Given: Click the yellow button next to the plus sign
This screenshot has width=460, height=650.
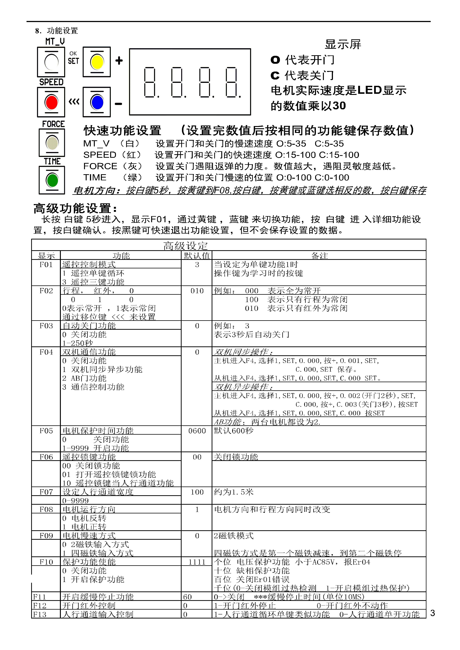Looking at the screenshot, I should pos(97,62).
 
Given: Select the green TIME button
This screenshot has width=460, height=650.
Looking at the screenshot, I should pos(52,180).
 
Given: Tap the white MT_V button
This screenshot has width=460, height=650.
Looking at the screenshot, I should pos(51,62).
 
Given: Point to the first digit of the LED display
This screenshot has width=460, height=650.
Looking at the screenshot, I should pos(150,82).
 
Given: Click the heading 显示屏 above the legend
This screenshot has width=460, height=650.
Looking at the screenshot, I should pos(343,44).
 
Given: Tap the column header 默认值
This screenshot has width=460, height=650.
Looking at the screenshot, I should pos(197,256).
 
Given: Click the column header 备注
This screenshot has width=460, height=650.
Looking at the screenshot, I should pos(320,256).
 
